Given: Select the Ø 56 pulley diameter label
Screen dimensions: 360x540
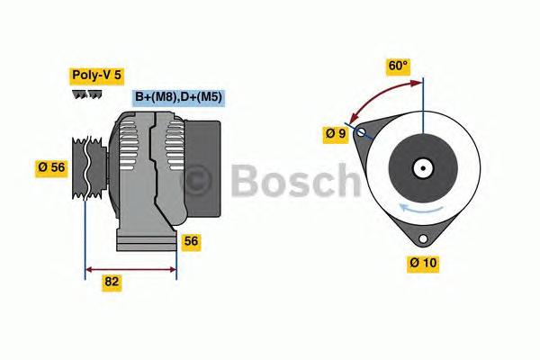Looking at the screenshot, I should click(x=51, y=166).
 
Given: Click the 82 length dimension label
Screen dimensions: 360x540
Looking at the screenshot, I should click(x=112, y=282).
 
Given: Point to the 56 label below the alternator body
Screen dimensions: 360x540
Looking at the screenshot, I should click(x=190, y=241).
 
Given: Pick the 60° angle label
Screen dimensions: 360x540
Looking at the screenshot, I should click(x=398, y=66).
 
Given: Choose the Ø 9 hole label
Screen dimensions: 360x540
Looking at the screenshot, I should click(x=336, y=134).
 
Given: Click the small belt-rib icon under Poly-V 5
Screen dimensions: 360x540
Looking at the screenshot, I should click(x=87, y=94).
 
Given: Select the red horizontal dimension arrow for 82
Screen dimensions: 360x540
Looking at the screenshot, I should click(x=130, y=267).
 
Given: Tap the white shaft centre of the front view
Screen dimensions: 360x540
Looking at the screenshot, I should click(x=421, y=167).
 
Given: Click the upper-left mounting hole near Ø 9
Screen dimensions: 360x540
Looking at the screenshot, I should click(x=362, y=133).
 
